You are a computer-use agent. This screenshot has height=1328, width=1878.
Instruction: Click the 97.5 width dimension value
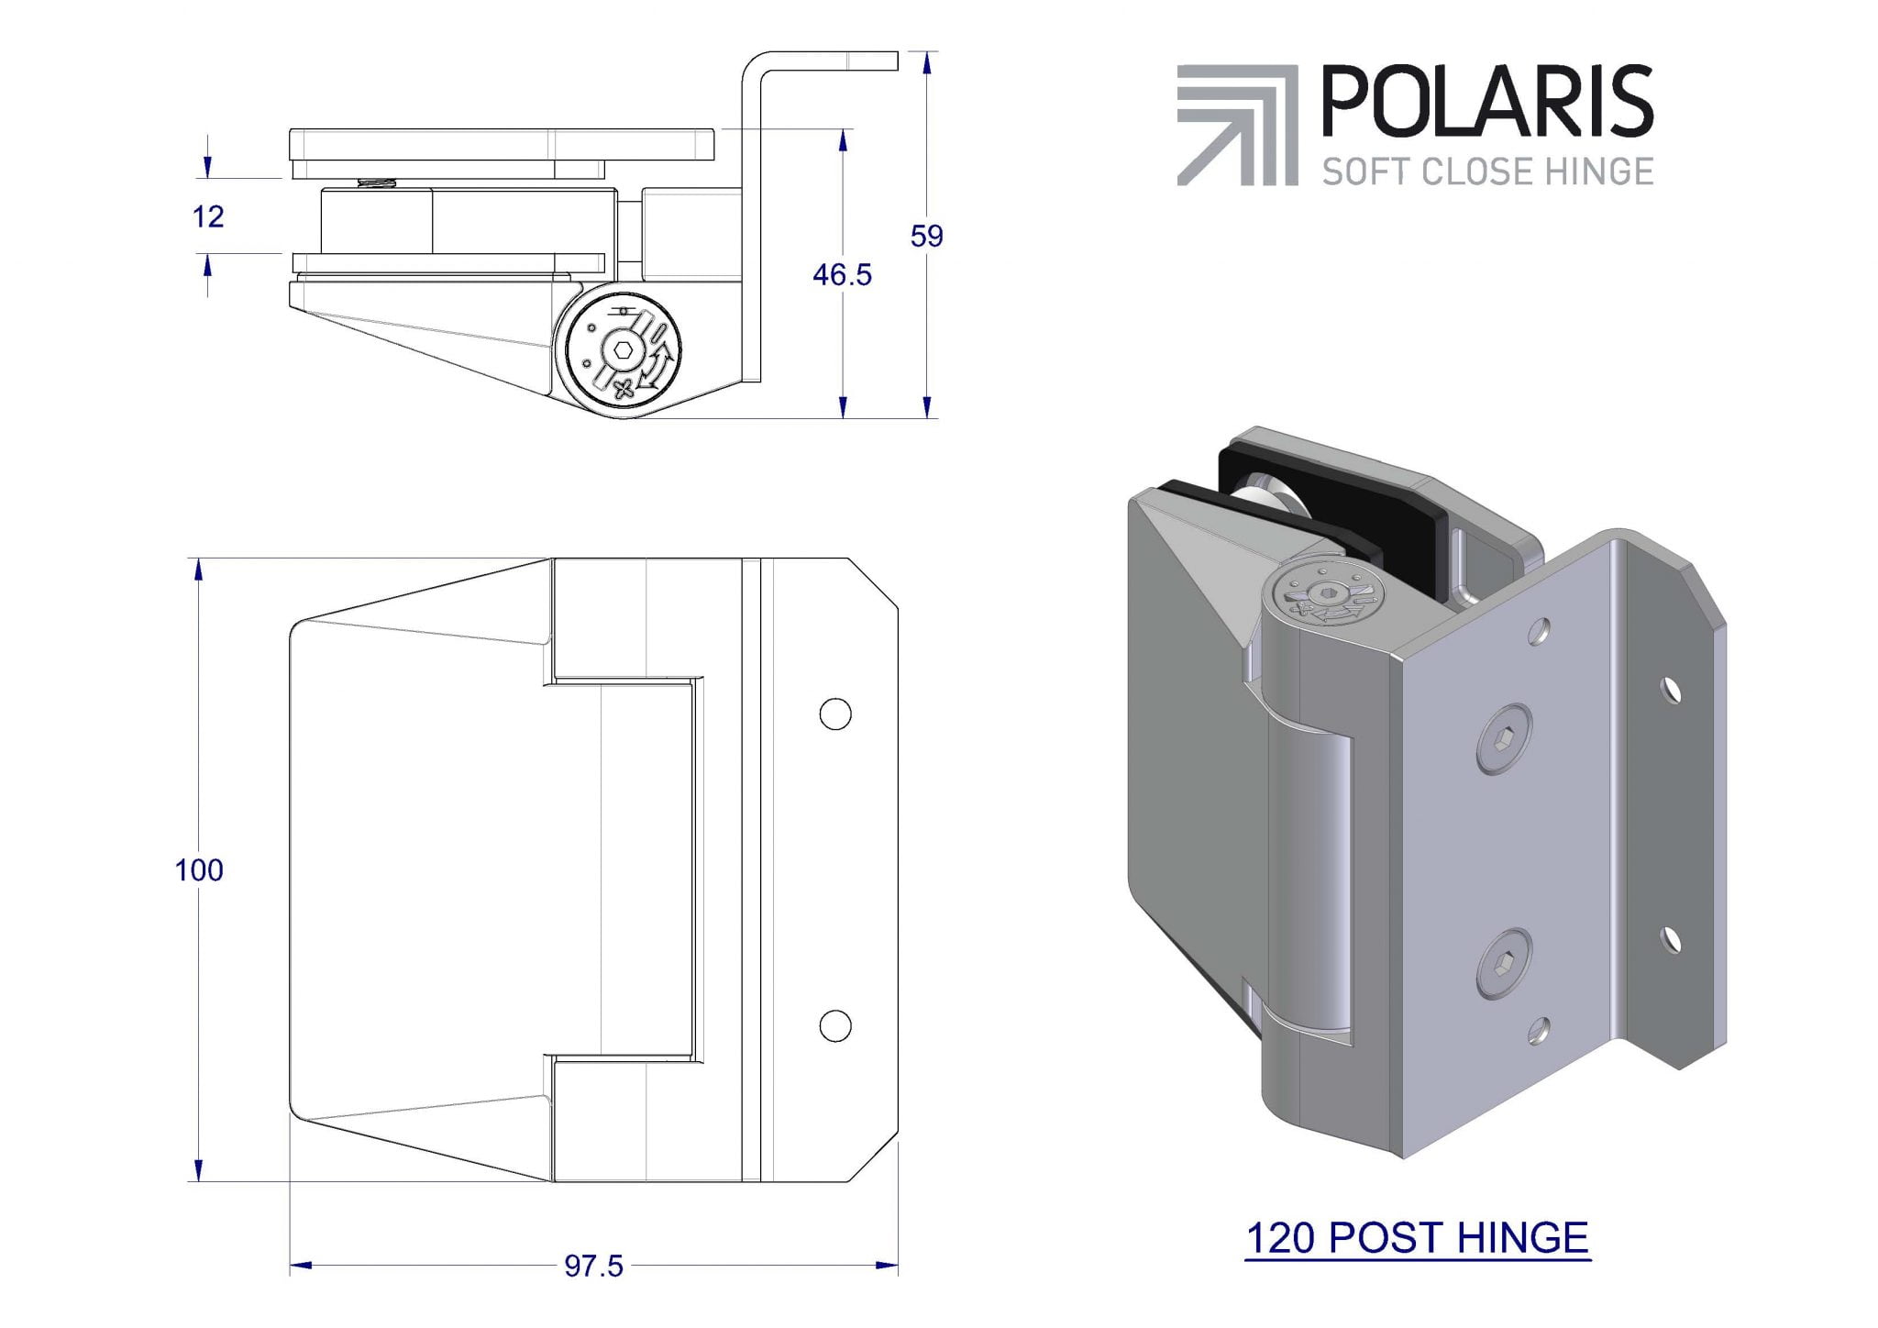click(593, 1267)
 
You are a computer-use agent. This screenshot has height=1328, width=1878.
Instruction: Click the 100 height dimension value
click(199, 869)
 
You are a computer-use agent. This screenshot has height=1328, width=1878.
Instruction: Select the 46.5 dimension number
click(842, 274)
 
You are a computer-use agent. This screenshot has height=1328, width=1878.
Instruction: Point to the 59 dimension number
click(926, 237)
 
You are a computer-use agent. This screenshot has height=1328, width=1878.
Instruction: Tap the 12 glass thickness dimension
click(208, 216)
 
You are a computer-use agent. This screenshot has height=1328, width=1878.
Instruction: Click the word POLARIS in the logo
click(1486, 102)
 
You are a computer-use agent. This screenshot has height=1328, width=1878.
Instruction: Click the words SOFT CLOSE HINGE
click(1487, 172)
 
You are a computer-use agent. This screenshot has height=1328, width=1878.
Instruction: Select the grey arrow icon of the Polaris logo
click(1237, 126)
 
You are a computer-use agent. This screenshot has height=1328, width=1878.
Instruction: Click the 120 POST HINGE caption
click(1417, 1237)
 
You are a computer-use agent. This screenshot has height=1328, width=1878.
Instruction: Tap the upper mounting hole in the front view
click(834, 714)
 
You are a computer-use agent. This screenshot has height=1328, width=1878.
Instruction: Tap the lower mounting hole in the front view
click(834, 1025)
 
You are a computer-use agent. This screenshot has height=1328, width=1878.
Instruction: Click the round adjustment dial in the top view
click(624, 351)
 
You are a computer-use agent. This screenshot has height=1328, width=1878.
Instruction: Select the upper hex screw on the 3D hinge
click(1504, 738)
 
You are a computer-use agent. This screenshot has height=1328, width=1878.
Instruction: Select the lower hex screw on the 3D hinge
click(1503, 963)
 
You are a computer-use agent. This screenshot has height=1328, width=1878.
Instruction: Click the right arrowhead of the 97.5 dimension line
click(887, 1267)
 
